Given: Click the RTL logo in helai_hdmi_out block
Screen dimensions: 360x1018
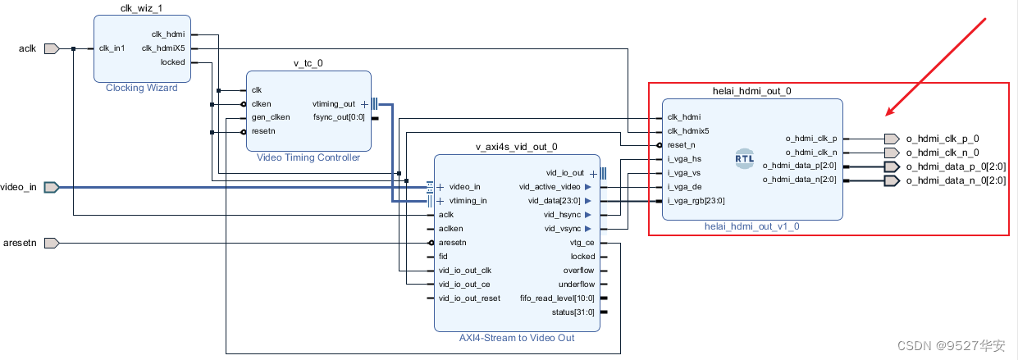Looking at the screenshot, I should [744, 159].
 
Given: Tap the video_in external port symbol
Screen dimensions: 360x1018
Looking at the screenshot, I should [51, 187].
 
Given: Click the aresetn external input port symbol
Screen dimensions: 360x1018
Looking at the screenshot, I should [51, 243].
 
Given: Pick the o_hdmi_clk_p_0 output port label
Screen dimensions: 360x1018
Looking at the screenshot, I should [942, 139].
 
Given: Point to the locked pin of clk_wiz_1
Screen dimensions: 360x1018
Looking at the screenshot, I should [172, 62].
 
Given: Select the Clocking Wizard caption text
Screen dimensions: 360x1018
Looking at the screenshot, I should [141, 88].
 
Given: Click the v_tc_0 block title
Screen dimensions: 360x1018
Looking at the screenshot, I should [308, 63].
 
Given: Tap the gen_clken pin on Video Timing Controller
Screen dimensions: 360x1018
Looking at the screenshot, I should [270, 117].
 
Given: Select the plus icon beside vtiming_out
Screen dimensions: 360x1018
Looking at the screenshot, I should [365, 104].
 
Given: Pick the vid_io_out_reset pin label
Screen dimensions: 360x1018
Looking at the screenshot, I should [469, 298].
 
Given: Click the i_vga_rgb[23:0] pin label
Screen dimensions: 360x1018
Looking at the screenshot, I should [696, 200].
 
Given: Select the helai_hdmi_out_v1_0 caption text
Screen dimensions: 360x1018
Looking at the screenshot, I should [751, 226].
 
